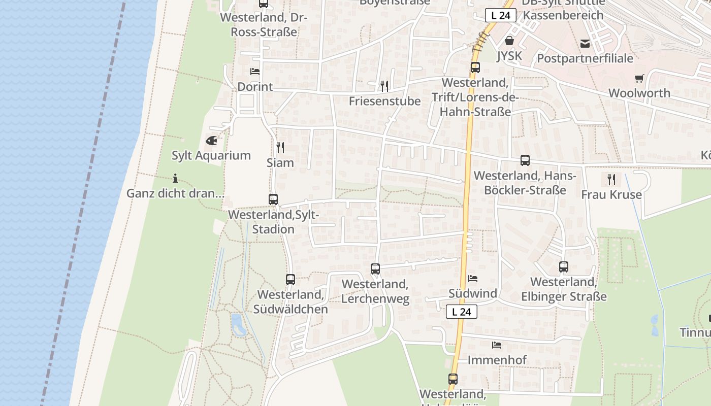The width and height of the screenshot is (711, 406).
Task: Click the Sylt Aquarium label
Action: (x=211, y=155)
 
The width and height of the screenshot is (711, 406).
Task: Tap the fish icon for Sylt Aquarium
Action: (x=211, y=141)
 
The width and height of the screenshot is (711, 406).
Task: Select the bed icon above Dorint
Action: (x=255, y=72)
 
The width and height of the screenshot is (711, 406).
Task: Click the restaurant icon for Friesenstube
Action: (x=384, y=86)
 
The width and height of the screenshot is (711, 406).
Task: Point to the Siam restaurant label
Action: (x=280, y=162)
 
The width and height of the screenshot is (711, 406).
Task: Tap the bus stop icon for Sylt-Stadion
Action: (x=273, y=199)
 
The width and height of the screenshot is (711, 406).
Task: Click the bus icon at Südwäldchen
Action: (x=290, y=279)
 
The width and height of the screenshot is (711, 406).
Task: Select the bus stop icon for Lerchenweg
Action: (x=375, y=268)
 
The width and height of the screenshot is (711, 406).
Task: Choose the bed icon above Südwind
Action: (x=473, y=279)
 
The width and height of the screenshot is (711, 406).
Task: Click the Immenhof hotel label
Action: (x=497, y=360)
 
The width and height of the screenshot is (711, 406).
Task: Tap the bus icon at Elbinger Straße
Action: (x=564, y=266)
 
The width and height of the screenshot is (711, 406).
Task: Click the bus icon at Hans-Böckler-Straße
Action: (x=525, y=160)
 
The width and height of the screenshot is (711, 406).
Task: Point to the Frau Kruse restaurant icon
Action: (x=611, y=179)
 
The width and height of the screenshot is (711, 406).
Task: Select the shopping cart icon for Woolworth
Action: (x=639, y=78)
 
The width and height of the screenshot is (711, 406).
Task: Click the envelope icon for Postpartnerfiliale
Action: (x=585, y=43)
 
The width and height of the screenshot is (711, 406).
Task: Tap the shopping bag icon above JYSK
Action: (x=509, y=41)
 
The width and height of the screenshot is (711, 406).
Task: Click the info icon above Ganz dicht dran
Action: (x=175, y=178)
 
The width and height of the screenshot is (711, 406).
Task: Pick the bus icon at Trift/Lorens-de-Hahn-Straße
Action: (x=475, y=67)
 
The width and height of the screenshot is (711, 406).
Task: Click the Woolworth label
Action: (x=639, y=93)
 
